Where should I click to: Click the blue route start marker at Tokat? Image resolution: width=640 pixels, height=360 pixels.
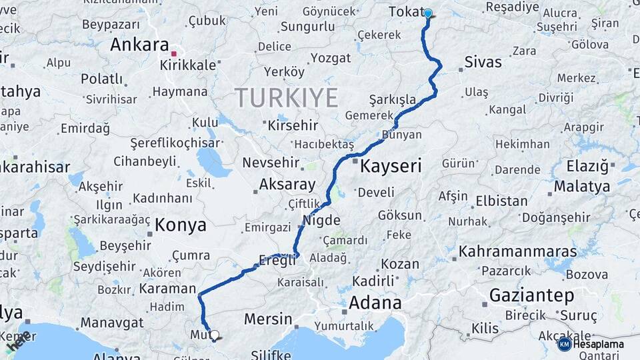427,13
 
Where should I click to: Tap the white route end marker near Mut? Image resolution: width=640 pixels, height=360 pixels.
214,335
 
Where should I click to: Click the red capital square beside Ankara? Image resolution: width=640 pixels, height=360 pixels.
174,53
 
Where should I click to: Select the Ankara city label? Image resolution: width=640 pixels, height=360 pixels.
139,45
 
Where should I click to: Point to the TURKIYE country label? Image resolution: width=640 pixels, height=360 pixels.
286,98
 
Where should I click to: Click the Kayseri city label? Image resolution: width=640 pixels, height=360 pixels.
391,166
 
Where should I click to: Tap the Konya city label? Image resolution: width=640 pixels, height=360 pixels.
180,225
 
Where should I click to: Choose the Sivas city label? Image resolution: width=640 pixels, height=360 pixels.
483,63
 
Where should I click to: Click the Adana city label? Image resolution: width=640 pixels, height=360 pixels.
375,302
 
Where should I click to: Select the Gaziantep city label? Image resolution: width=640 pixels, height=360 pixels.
531,295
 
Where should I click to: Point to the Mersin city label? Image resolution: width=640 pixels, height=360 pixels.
268,319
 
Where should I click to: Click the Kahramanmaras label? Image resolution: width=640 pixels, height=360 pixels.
518,252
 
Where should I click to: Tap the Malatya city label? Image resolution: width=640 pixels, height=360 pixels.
582,186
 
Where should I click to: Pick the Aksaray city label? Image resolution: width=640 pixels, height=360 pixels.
287,184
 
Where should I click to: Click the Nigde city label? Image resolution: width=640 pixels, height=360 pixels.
321,221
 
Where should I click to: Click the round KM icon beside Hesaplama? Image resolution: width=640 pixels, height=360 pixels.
564,344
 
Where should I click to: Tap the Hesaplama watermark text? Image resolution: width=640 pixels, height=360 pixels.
599,344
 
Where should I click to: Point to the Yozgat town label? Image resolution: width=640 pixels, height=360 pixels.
330,58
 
